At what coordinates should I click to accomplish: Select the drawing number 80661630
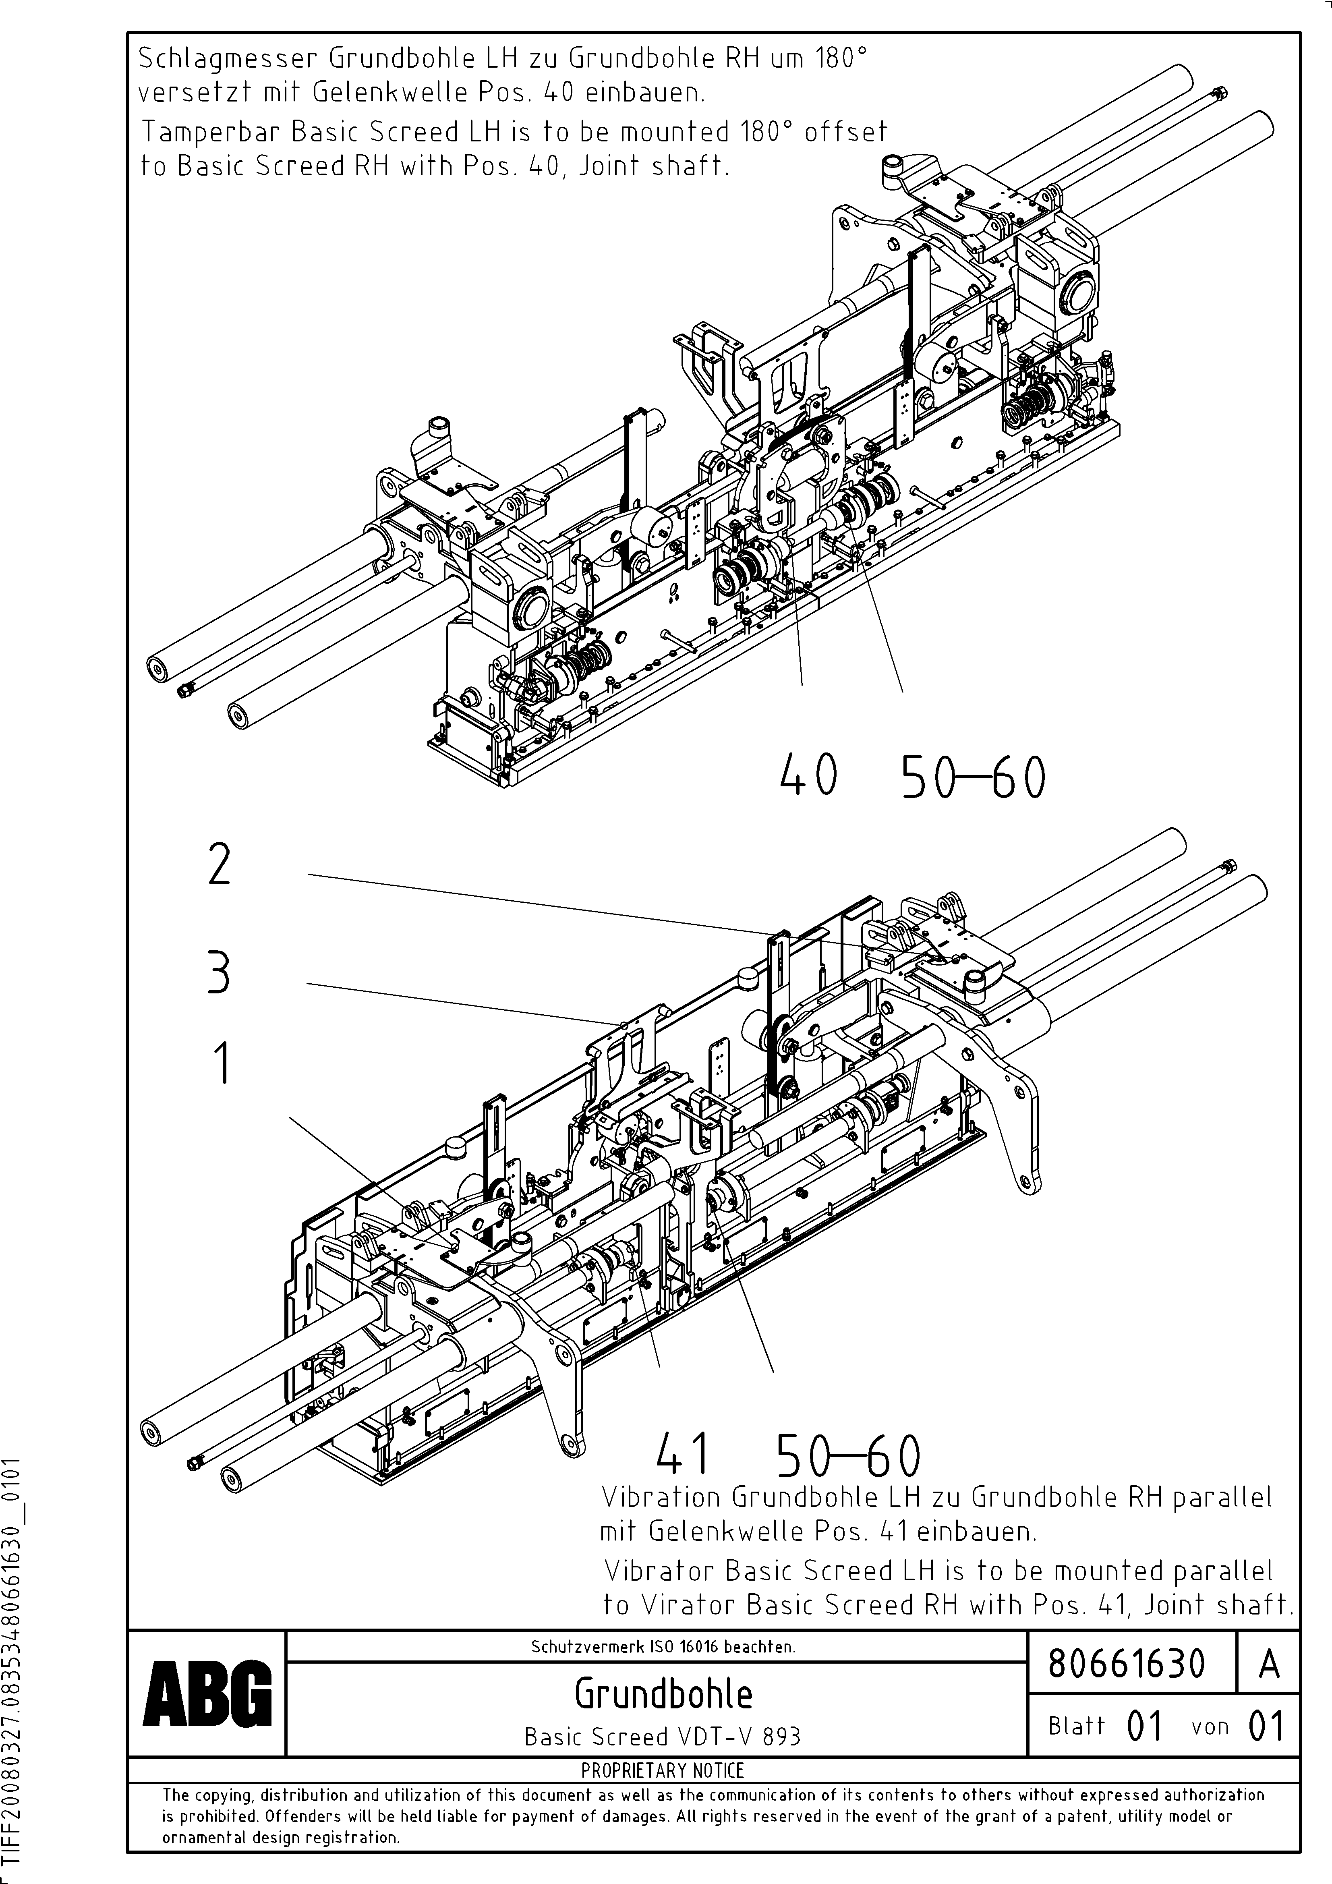click(1127, 1663)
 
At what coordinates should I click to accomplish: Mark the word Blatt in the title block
click(1076, 1726)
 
